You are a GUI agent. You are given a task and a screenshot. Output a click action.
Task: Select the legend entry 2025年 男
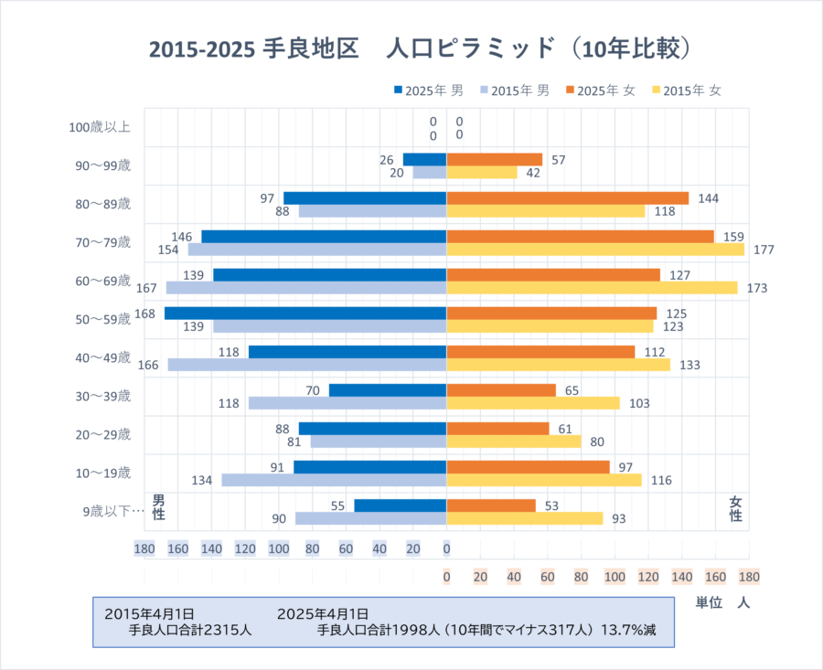click(429, 90)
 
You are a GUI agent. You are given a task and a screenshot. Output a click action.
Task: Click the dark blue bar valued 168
click(305, 314)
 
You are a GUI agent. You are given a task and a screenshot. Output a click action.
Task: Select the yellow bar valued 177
click(594, 250)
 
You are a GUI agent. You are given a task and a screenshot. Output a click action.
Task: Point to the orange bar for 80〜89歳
click(567, 198)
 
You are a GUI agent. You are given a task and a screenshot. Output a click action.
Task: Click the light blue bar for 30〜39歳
click(347, 403)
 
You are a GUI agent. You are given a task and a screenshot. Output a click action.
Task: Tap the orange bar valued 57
click(494, 160)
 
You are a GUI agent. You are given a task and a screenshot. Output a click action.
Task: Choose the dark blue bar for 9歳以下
click(400, 505)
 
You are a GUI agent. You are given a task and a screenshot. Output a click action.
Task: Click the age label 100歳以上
click(100, 127)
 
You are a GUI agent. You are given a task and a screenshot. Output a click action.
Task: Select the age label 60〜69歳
click(103, 281)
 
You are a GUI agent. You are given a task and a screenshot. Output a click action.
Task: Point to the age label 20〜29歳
click(103, 434)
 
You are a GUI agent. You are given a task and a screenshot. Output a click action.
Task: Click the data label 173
click(756, 288)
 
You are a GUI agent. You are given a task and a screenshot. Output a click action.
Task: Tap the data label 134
click(202, 480)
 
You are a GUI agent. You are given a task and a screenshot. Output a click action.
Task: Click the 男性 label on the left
click(158, 507)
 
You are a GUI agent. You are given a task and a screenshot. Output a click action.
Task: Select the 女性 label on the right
click(735, 509)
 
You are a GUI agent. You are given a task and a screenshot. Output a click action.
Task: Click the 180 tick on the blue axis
click(144, 549)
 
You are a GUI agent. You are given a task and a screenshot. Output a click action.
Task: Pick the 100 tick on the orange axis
click(615, 578)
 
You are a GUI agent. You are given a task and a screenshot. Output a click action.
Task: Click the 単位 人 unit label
click(723, 603)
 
